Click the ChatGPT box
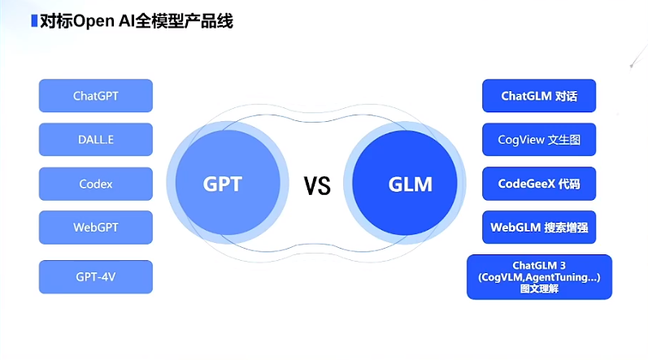(96, 95)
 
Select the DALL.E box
(96, 140)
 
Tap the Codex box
(96, 184)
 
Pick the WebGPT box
(96, 228)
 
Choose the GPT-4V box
(96, 276)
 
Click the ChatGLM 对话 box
(539, 96)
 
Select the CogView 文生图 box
(539, 140)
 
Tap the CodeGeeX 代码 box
(539, 184)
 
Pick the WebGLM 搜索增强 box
(539, 228)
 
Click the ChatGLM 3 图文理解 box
(539, 277)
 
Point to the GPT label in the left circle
(223, 184)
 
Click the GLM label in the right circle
(410, 184)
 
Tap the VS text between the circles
(317, 186)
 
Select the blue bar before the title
(33, 21)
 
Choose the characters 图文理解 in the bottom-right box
(539, 288)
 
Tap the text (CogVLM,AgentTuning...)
(539, 278)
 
